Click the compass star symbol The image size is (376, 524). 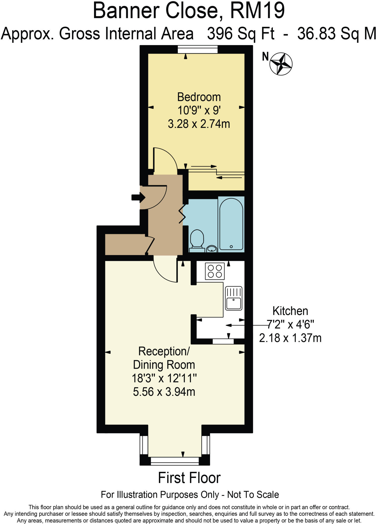tap(281, 64)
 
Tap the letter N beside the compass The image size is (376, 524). tap(266, 57)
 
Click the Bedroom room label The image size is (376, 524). tap(199, 97)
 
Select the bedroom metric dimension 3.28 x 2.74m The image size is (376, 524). tap(199, 124)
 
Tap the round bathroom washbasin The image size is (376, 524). tap(212, 248)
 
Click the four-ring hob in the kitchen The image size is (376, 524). tap(215, 271)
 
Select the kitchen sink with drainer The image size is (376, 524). tap(233, 298)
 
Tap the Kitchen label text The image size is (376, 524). tap(290, 311)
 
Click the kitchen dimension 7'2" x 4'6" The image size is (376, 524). tap(290, 325)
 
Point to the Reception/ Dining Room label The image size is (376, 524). tap(164, 358)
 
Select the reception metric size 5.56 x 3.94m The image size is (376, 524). tap(164, 392)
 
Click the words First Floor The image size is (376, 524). tap(189, 478)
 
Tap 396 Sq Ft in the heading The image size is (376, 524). tap(241, 34)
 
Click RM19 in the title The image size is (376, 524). tap(257, 11)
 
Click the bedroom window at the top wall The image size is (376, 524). tap(198, 49)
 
